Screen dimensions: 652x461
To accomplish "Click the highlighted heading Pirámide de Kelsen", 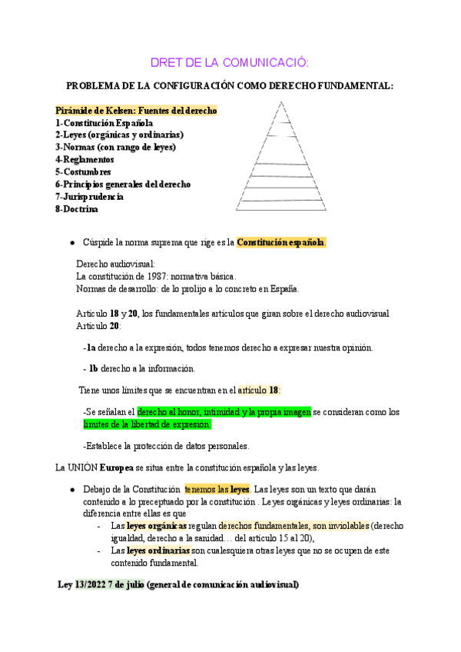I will [136, 111].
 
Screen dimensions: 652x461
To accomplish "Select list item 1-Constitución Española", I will [104, 123].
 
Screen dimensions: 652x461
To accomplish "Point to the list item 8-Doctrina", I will [77, 208].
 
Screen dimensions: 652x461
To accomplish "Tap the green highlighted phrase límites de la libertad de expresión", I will [147, 424].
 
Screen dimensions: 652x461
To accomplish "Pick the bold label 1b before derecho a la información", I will [94, 368].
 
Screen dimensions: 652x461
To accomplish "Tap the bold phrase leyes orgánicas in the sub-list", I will [157, 527].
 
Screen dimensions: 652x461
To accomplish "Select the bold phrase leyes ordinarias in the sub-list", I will [158, 551].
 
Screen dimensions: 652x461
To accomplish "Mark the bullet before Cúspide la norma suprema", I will [71, 243].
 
